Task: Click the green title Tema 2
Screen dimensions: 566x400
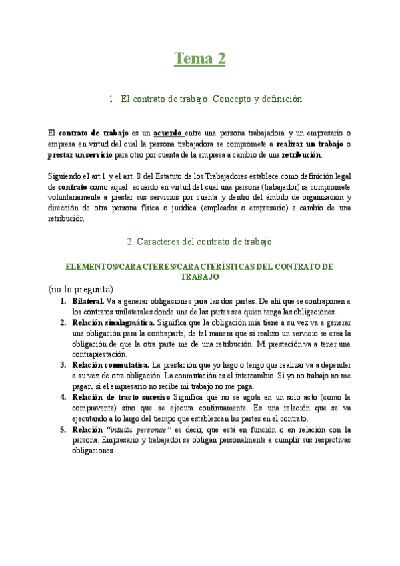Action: pos(200,59)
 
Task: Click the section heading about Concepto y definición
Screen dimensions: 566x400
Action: pos(206,99)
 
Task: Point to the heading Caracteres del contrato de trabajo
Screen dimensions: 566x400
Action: pos(199,241)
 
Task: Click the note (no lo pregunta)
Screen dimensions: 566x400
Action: pos(81,289)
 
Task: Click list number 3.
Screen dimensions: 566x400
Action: pos(63,365)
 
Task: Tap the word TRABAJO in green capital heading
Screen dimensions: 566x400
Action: pos(200,276)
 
